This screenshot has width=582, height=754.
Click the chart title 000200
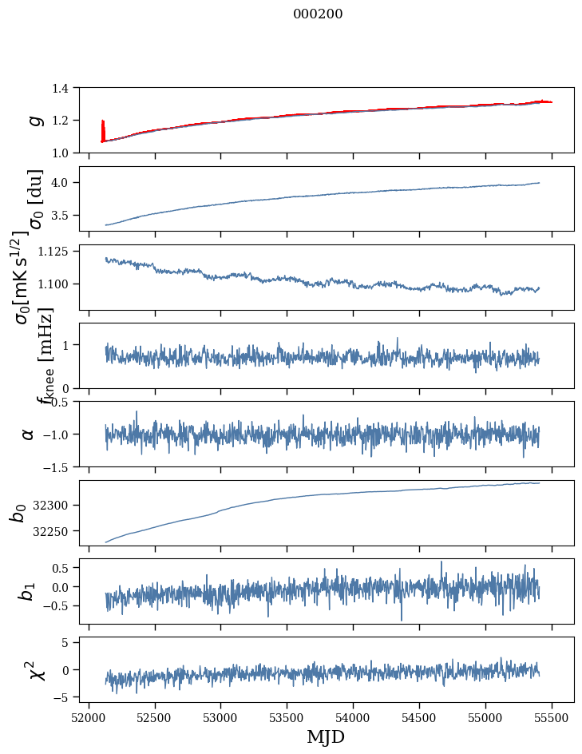318,14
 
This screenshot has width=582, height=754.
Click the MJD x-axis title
326,736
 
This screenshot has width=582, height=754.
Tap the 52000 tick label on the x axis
89,716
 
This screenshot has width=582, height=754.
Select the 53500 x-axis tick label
287,716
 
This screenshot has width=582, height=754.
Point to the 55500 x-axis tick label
552,716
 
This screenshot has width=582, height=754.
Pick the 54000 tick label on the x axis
354,716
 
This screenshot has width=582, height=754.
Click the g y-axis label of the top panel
34,120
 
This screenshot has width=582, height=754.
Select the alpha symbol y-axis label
28,434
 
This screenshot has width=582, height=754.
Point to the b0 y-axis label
18,513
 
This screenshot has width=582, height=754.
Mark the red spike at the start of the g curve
103,128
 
